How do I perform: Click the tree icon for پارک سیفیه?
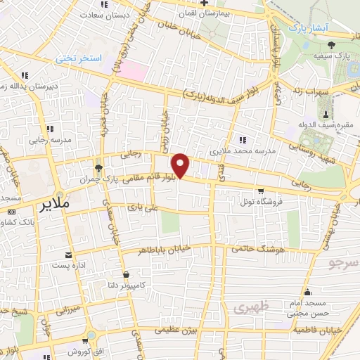pyautogui.click(x=341, y=45)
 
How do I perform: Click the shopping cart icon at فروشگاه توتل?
pyautogui.click(x=261, y=190)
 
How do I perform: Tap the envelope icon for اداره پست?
pyautogui.click(x=68, y=254)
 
